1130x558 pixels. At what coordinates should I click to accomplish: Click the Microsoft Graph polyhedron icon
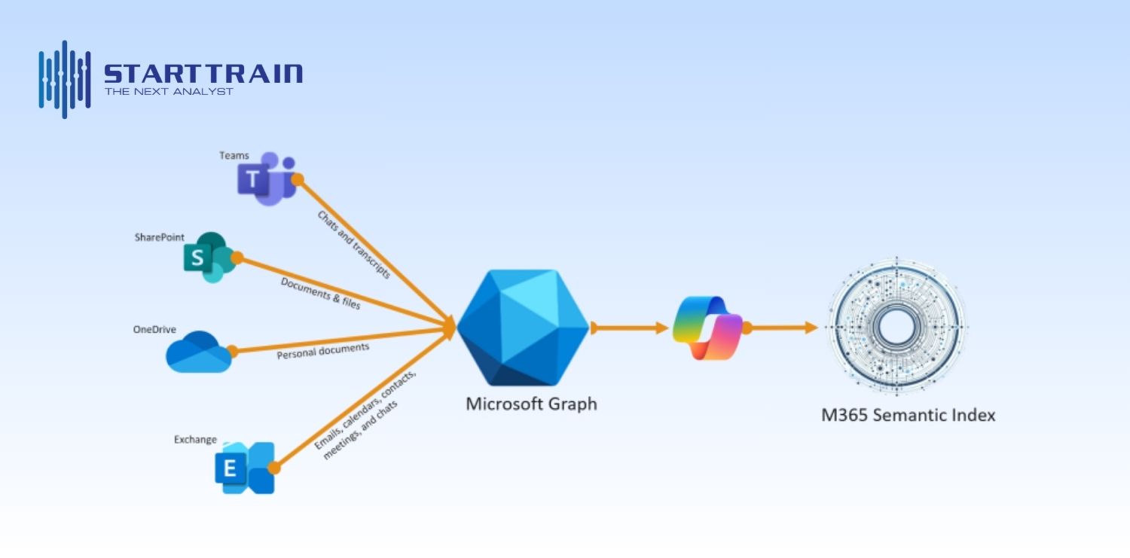click(523, 328)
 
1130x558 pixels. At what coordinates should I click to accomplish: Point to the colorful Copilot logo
click(707, 328)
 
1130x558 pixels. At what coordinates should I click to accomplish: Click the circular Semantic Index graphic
click(897, 325)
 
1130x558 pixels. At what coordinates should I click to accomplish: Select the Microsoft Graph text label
click(531, 404)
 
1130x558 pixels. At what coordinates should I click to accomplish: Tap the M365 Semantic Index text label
click(908, 415)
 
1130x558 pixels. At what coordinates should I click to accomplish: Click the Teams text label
click(234, 156)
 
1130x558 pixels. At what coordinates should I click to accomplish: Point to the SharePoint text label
click(159, 237)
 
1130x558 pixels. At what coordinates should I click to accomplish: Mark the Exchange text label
click(195, 440)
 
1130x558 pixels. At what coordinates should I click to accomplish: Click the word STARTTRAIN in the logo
click(203, 74)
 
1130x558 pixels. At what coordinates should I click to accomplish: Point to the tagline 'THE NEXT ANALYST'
click(169, 92)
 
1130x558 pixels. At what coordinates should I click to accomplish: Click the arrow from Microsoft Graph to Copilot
click(630, 328)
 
